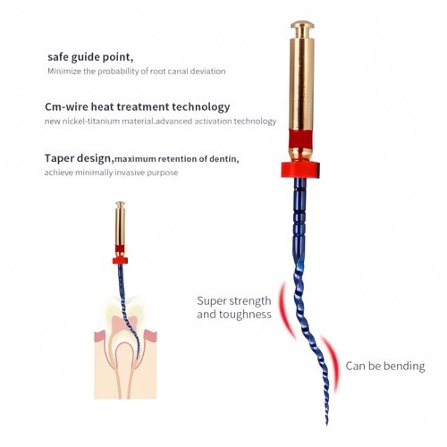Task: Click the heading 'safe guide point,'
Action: [90, 57]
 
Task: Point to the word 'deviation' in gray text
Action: [207, 72]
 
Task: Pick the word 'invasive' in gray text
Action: [130, 173]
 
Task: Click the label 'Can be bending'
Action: [385, 366]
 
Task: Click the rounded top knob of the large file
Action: [302, 25]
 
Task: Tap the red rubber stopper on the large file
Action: [300, 170]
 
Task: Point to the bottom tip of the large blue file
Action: [326, 425]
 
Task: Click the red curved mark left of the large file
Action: [287, 310]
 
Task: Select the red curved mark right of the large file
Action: [331, 363]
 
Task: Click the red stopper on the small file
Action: [120, 260]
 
